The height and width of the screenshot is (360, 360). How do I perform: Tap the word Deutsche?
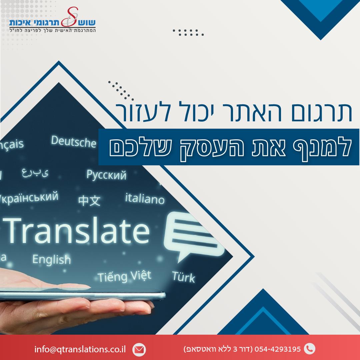pos(73,141)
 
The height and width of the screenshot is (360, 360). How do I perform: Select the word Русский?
pos(106,175)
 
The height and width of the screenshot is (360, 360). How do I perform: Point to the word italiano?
pos(145,199)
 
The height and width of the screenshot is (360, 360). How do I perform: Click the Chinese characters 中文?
pos(89,201)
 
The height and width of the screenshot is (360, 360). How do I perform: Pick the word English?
pos(51,259)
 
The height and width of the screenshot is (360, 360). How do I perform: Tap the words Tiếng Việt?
pos(124,276)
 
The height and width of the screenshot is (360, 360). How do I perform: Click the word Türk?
pos(184,277)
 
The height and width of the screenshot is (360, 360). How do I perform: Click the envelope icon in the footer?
pos(139,350)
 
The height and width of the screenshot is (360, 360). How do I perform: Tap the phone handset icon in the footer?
pos(309,349)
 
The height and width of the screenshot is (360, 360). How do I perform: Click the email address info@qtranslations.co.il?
pos(80,349)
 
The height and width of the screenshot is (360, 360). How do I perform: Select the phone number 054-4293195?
pos(278,349)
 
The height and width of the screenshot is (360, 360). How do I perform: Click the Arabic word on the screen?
pos(35,173)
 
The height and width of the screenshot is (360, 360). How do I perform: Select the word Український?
pos(29,198)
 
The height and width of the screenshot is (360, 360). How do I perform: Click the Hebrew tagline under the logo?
pos(53,30)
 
